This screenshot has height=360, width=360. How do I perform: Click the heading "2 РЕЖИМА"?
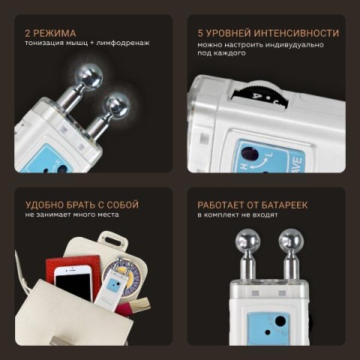tap(50, 33)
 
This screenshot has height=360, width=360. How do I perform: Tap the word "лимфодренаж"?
tap(123, 43)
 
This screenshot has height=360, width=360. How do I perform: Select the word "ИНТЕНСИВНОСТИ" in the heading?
tap(296, 33)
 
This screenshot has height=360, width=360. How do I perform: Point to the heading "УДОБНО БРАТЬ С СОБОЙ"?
tap(82, 205)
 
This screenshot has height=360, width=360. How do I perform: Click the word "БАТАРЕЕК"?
tap(284, 205)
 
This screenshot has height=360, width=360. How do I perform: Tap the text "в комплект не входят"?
tap(238, 215)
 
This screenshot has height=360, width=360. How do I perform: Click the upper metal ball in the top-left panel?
tap(91, 78)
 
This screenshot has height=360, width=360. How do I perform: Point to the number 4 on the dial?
tap(255, 96)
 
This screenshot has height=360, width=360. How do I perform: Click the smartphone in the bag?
tap(73, 283)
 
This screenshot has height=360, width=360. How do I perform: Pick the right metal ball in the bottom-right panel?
tap(290, 240)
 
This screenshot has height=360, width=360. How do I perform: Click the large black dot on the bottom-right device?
tap(280, 321)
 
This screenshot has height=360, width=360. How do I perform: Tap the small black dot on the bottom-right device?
tap(268, 333)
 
